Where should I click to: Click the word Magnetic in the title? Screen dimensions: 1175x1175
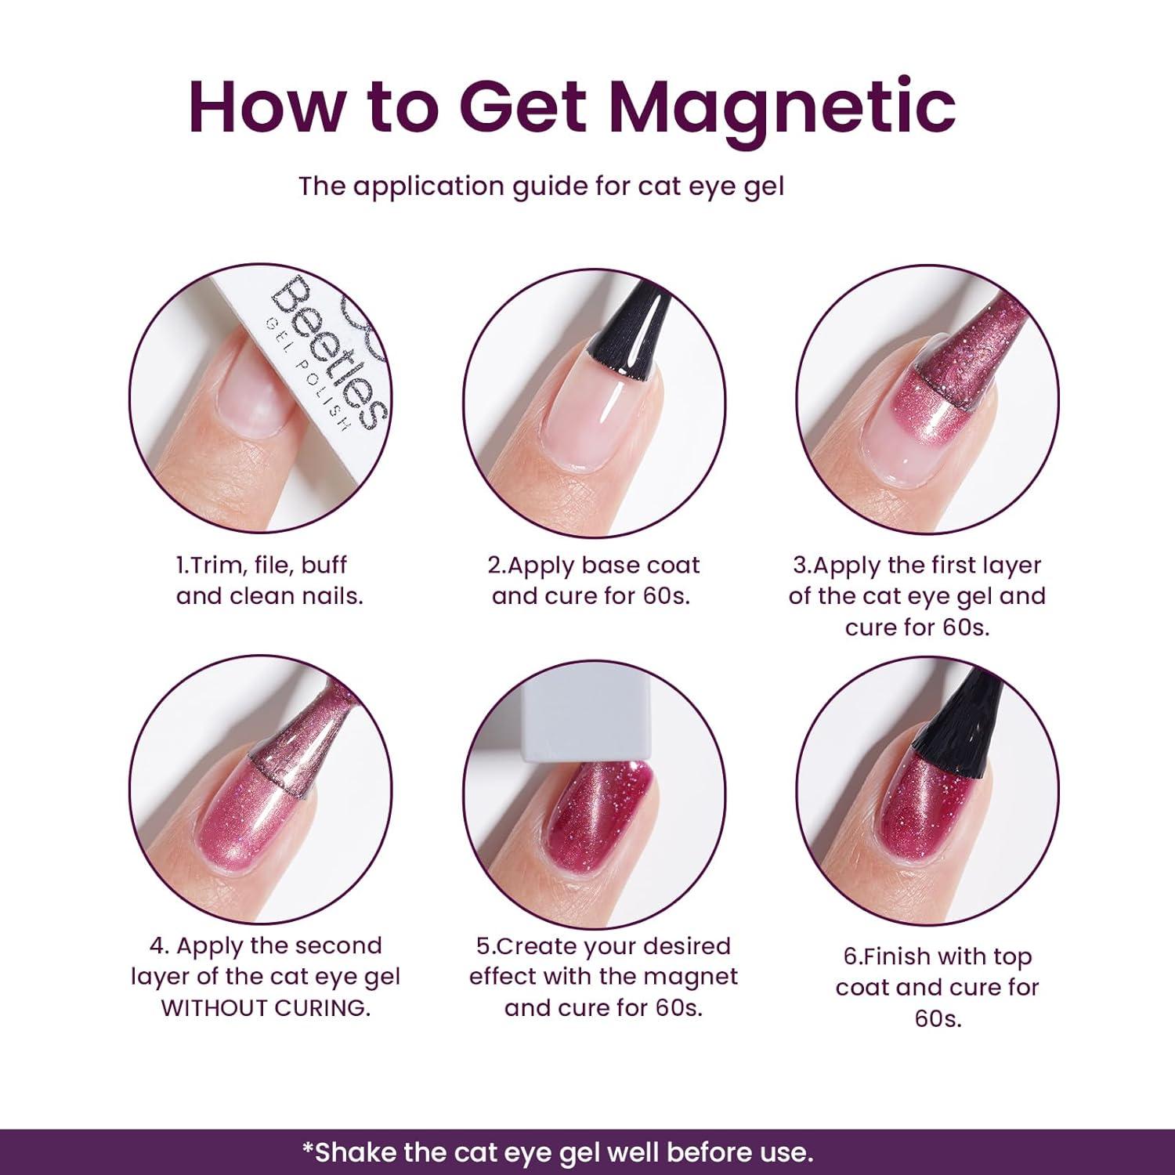pos(782,107)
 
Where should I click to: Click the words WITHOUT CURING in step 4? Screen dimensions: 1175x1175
pos(266,1008)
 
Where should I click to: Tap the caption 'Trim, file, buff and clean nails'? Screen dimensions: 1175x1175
pos(270,580)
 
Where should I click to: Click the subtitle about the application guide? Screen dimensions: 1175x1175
pos(541,186)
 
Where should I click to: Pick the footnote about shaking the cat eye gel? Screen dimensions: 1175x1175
pos(557,1151)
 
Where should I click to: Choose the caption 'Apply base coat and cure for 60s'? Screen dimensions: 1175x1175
pos(592,580)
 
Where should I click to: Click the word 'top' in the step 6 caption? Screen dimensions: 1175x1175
pos(1010,956)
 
